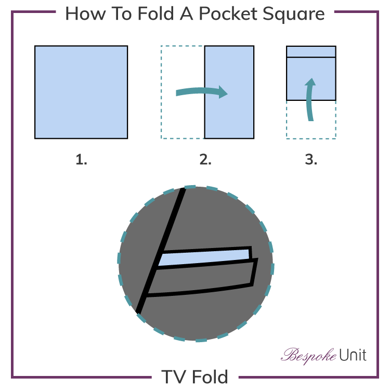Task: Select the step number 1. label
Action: (x=81, y=160)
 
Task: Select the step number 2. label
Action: (x=205, y=160)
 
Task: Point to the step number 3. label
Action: (x=311, y=160)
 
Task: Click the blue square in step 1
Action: (x=81, y=92)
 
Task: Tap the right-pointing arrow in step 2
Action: (x=203, y=92)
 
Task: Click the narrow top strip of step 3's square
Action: (x=311, y=51)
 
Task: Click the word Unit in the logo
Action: (x=353, y=355)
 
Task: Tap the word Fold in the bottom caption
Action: (x=210, y=376)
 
